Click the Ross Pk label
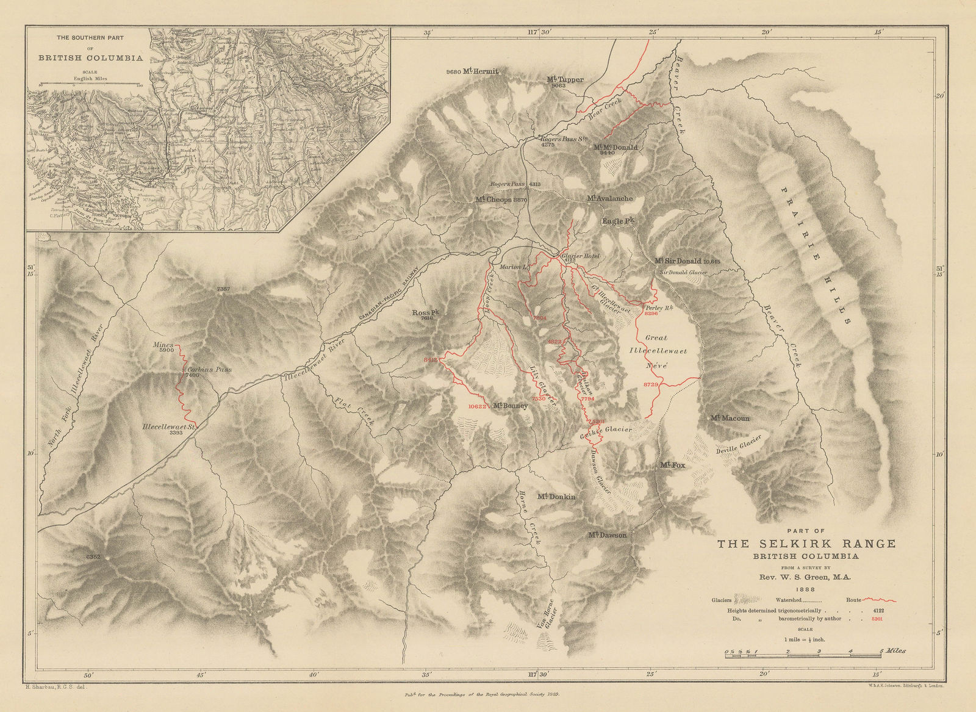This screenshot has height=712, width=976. click(426, 312)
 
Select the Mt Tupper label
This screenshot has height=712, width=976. click(565, 79)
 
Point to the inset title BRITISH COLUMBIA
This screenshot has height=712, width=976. click(91, 59)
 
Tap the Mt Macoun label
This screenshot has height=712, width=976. click(729, 419)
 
